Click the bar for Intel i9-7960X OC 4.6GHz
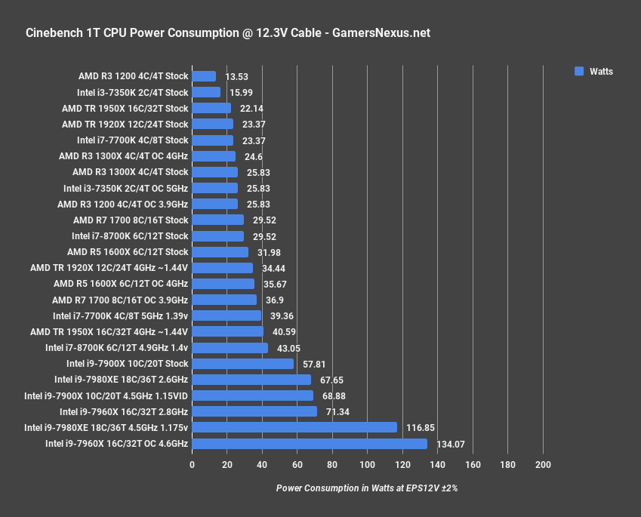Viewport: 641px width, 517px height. coord(310,444)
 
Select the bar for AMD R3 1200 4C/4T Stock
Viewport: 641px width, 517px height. coord(204,76)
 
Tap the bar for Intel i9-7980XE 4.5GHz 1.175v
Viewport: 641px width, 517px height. coord(294,427)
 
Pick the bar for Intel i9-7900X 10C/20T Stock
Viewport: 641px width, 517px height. coord(242,364)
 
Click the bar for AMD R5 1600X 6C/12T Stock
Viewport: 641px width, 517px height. coord(220,252)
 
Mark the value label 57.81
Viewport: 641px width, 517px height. coord(313,364)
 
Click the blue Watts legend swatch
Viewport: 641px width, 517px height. coord(579,72)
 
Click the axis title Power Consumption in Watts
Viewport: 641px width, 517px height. coord(367,488)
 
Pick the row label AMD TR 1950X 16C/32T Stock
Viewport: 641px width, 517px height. coord(125,109)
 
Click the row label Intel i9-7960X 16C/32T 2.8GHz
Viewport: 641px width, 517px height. coord(124,411)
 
